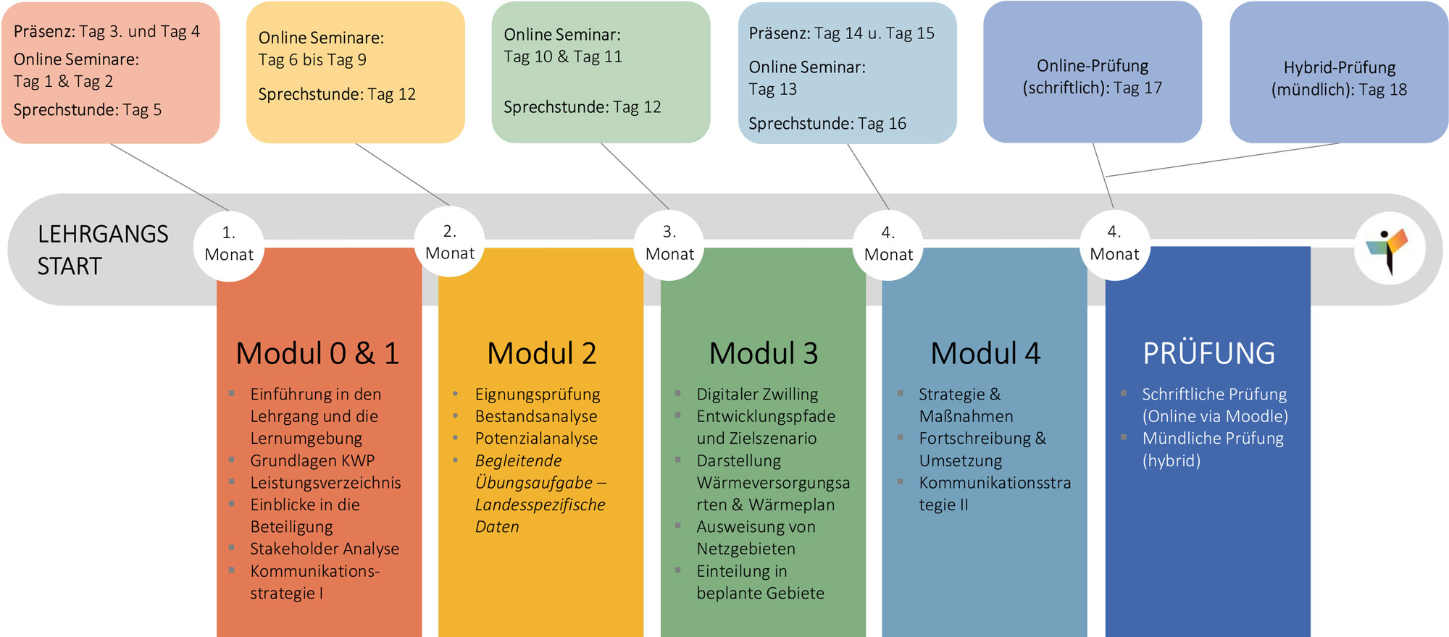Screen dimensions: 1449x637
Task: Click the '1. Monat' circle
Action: pyautogui.click(x=229, y=245)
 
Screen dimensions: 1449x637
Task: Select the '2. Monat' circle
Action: pyautogui.click(x=449, y=242)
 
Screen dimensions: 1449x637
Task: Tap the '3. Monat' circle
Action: pyautogui.click(x=669, y=245)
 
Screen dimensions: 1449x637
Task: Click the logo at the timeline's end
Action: pyautogui.click(x=1390, y=249)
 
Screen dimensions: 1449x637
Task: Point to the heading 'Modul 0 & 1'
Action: pyautogui.click(x=317, y=353)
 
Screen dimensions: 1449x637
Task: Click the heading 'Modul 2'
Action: pyautogui.click(x=541, y=353)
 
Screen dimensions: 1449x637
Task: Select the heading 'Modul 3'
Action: pyautogui.click(x=763, y=353)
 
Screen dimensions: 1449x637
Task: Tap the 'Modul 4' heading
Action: pyautogui.click(x=985, y=353)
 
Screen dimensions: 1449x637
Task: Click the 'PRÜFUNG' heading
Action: pyautogui.click(x=1208, y=353)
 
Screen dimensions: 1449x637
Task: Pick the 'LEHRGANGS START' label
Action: pyautogui.click(x=103, y=250)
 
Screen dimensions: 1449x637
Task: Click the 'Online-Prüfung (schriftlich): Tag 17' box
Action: pyautogui.click(x=1093, y=72)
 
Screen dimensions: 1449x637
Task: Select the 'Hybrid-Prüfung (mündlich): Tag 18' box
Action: pyautogui.click(x=1339, y=72)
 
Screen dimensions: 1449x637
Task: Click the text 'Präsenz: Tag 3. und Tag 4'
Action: pyautogui.click(x=107, y=32)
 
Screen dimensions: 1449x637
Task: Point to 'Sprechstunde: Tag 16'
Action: pyautogui.click(x=827, y=124)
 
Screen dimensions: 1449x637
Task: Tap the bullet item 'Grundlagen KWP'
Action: pyautogui.click(x=312, y=460)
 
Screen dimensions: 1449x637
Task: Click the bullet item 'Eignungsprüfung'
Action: pyautogui.click(x=538, y=395)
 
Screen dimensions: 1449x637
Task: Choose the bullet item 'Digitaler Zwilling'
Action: pyautogui.click(x=757, y=395)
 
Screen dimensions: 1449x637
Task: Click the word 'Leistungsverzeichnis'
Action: pyautogui.click(x=325, y=483)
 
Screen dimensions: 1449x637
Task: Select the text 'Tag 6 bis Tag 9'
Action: pyautogui.click(x=312, y=60)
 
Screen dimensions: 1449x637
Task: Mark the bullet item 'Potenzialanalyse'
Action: pyautogui.click(x=536, y=439)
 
